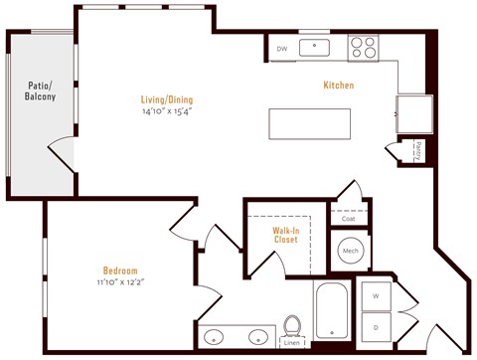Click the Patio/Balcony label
(40, 90)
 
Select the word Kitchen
(339, 86)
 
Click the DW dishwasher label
(281, 47)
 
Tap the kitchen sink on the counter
(318, 46)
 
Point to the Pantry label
(418, 150)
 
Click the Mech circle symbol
(350, 252)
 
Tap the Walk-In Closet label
(287, 235)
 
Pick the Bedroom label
(119, 270)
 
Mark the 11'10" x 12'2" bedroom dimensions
(119, 282)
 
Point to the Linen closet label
(292, 345)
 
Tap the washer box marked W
(376, 295)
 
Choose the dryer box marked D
(376, 326)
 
